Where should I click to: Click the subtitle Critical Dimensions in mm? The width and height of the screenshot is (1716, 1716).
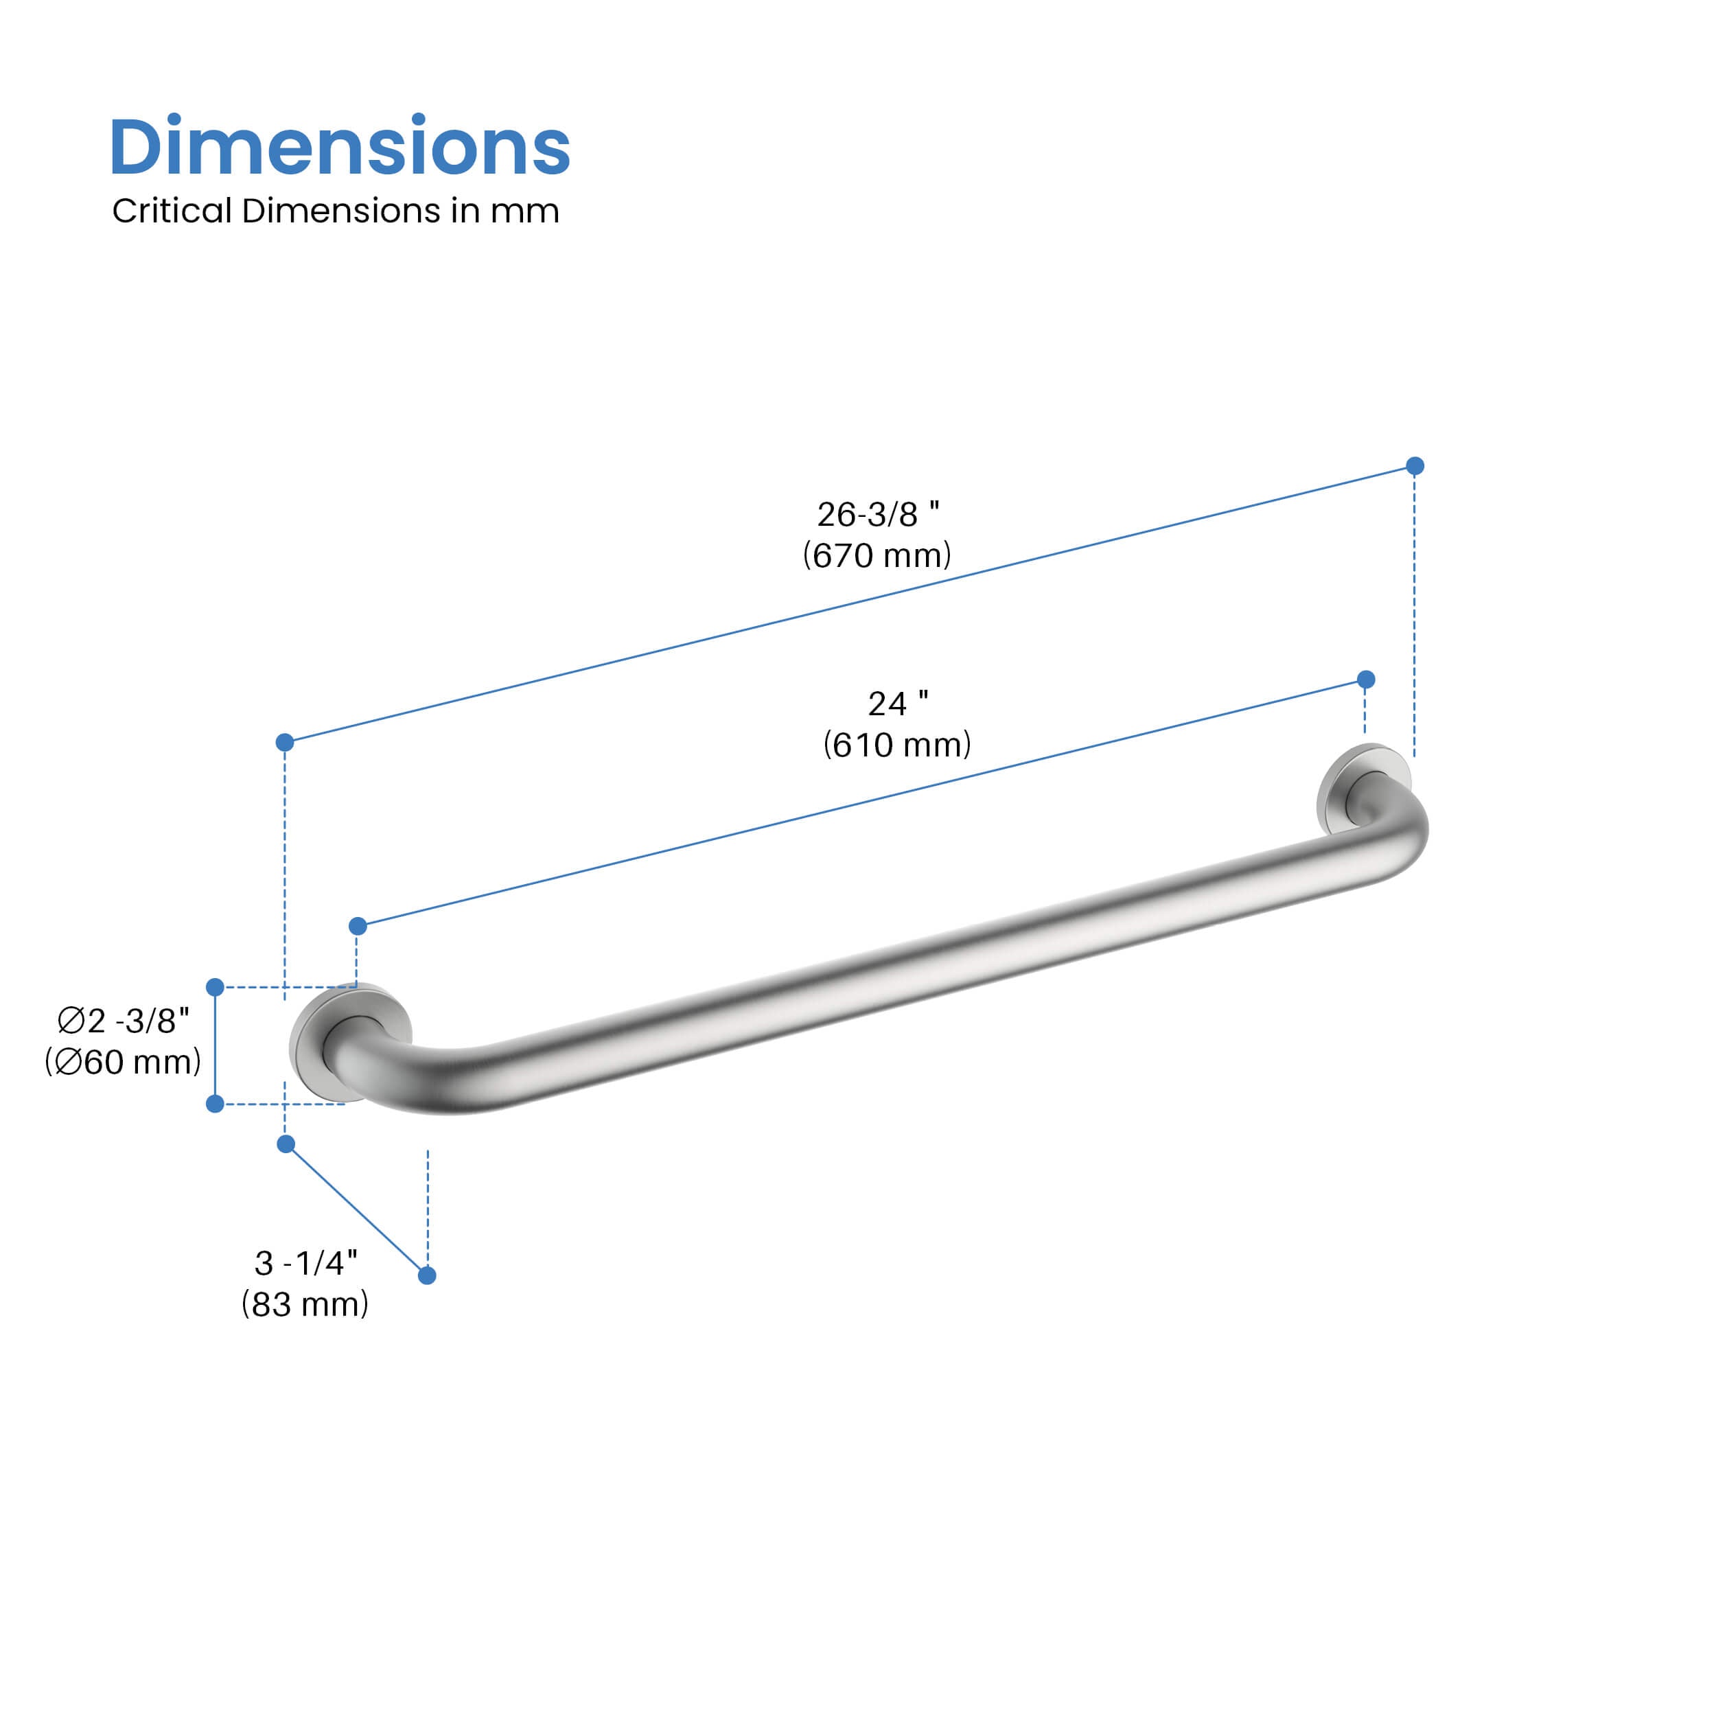click(x=335, y=211)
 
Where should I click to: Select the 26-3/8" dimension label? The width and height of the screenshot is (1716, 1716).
click(x=877, y=514)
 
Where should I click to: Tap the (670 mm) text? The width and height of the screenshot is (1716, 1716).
click(x=877, y=555)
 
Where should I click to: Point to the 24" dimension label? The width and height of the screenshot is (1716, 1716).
click(x=897, y=704)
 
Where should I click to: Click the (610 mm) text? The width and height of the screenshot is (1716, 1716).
click(x=897, y=744)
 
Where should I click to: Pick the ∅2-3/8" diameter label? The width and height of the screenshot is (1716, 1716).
click(x=124, y=1021)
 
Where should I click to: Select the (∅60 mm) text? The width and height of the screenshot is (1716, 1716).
click(x=124, y=1063)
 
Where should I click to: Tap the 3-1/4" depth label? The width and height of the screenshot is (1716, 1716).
click(x=305, y=1262)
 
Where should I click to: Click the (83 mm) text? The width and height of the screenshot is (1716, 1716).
click(x=305, y=1304)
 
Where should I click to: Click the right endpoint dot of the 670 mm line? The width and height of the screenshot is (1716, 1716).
click(x=1415, y=466)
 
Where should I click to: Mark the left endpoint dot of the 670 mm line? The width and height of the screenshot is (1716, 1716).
click(x=285, y=743)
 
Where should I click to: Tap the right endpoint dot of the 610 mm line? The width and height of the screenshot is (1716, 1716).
click(x=1366, y=680)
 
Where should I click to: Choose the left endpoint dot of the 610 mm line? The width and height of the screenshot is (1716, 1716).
click(x=358, y=927)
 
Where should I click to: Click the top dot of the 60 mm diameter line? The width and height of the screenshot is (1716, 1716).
click(x=215, y=987)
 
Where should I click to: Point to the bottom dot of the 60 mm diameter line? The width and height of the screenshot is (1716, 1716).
click(x=215, y=1104)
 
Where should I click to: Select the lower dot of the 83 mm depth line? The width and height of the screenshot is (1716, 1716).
click(x=426, y=1275)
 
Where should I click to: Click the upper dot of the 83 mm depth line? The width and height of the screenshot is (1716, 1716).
click(x=286, y=1144)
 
